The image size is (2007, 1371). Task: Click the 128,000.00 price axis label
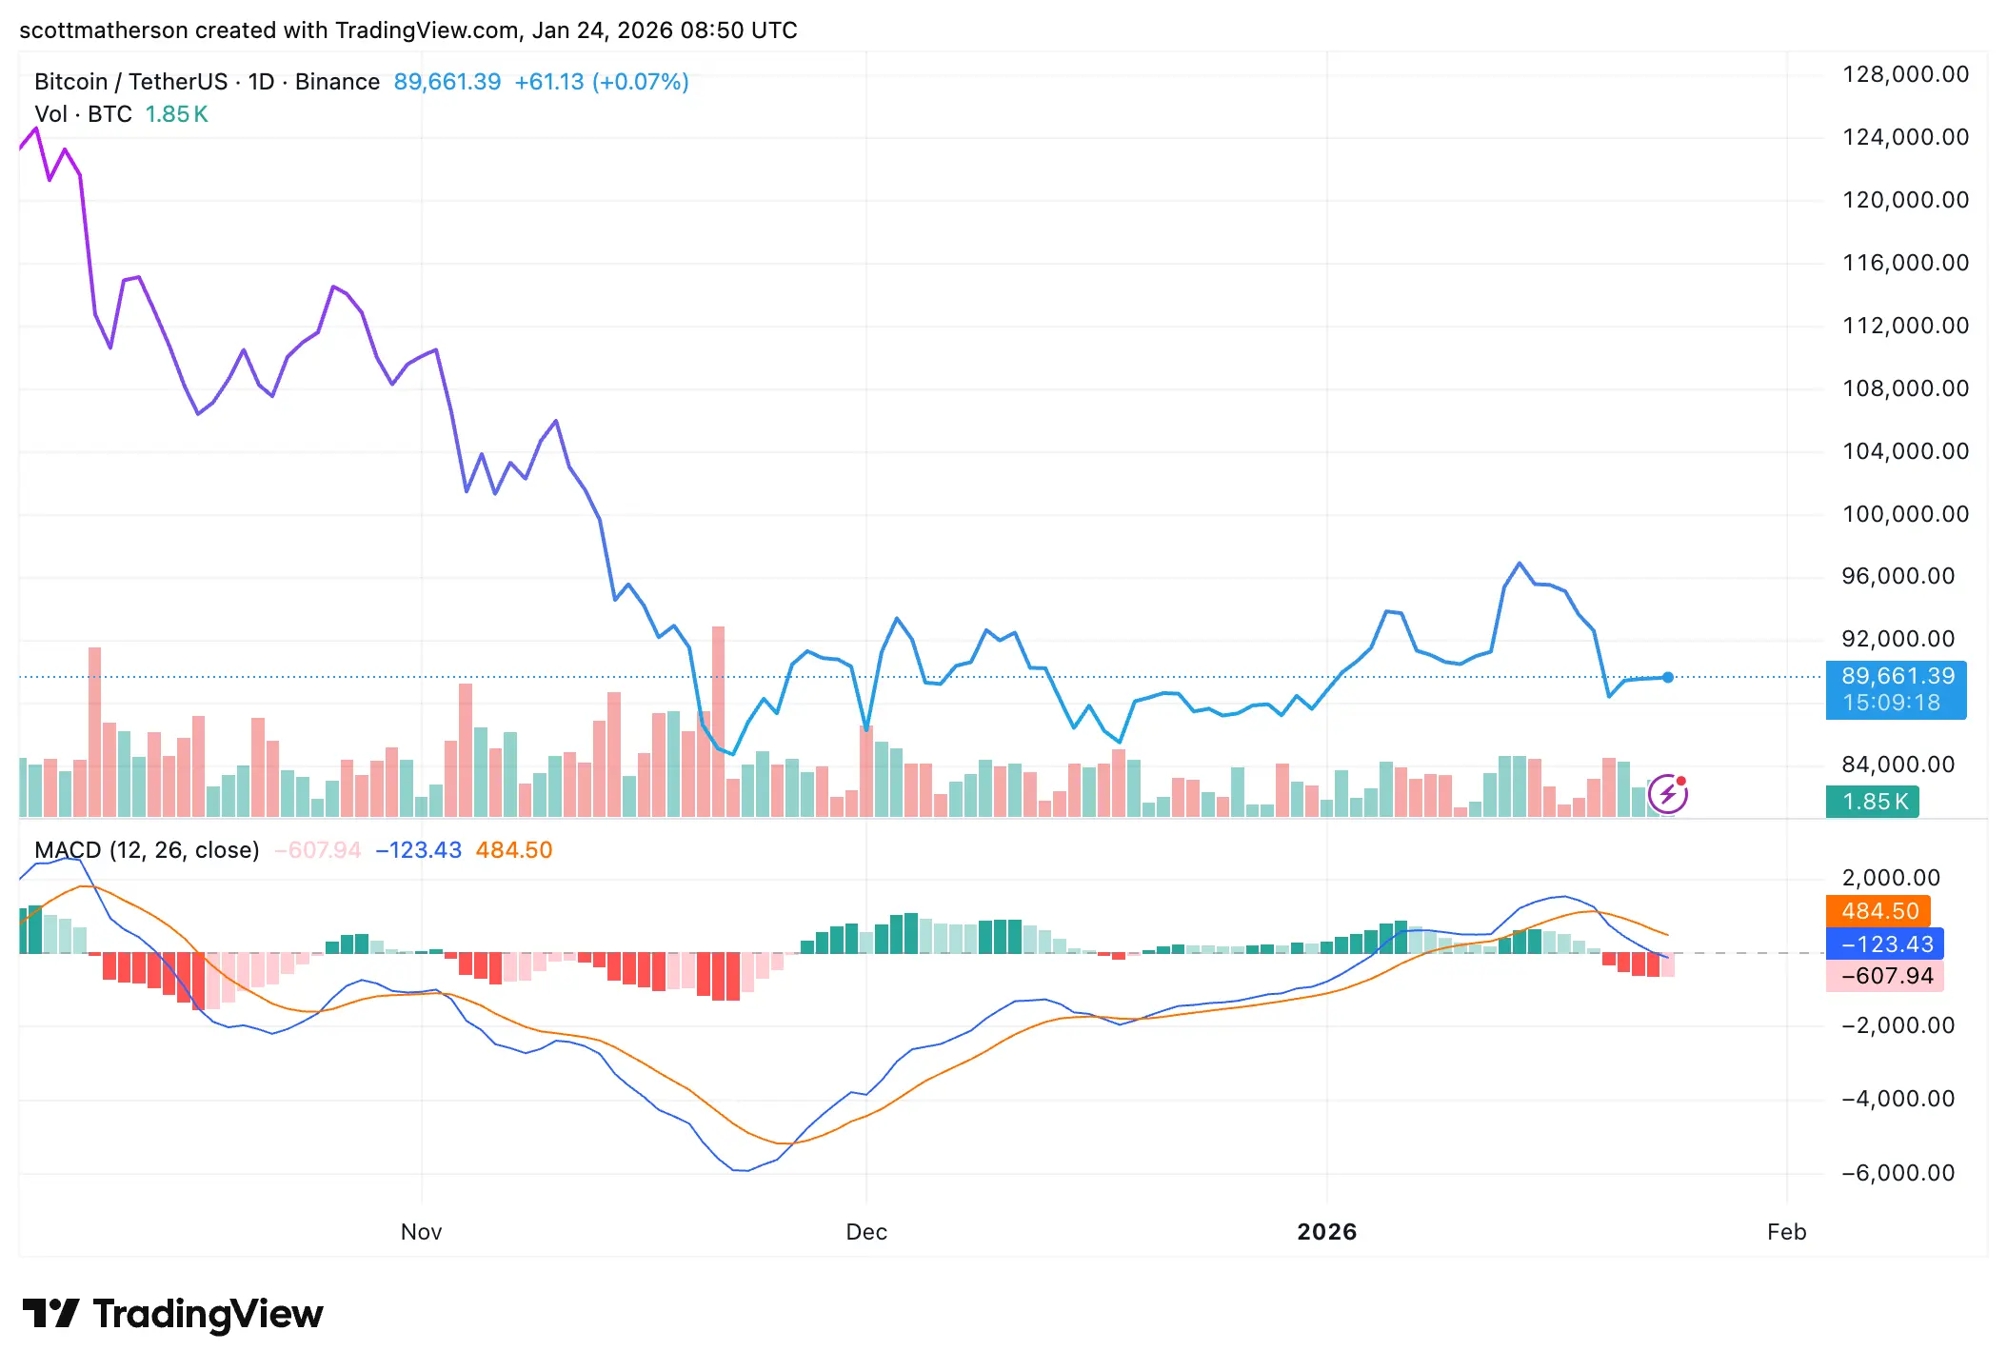coord(1905,74)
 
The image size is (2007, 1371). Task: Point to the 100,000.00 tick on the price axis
coord(1905,514)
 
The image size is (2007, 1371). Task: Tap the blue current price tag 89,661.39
coord(1897,677)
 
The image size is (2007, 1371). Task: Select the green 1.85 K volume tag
coord(1873,802)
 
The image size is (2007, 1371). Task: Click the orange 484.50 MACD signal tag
coord(1878,911)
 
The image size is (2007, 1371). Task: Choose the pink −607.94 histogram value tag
coord(1886,976)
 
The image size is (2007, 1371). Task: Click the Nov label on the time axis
coord(421,1232)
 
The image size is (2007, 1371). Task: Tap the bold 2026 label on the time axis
coord(1326,1232)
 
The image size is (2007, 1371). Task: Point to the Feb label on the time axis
coord(1786,1232)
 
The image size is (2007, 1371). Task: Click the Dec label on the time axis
coord(866,1232)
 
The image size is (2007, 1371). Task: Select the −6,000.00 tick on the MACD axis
coord(1898,1173)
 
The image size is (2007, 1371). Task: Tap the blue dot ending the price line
coord(1668,678)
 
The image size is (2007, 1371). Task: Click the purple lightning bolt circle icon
coord(1668,794)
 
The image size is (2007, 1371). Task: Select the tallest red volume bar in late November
coord(718,721)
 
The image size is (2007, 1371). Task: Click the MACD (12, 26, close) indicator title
coord(147,850)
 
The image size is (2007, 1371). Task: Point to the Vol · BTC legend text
coord(83,114)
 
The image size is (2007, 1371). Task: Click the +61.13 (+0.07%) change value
coord(602,82)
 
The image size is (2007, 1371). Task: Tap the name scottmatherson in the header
coord(103,30)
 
